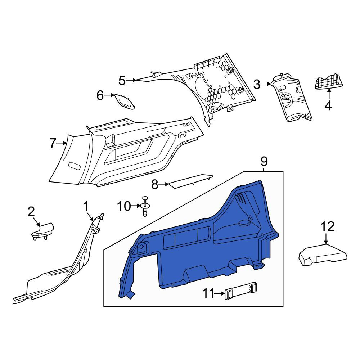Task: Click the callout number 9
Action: click(x=264, y=162)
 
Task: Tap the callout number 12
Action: click(x=327, y=226)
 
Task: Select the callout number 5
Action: click(x=122, y=81)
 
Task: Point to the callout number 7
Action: click(x=53, y=143)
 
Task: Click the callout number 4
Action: click(x=329, y=105)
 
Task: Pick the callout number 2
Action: click(x=31, y=212)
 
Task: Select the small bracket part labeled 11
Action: click(x=240, y=291)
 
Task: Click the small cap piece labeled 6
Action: click(x=125, y=101)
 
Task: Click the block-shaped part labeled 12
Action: click(x=323, y=255)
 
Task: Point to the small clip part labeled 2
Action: click(x=43, y=231)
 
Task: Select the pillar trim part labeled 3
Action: click(x=291, y=97)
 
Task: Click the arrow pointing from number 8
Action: click(x=164, y=184)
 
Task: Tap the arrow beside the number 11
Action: click(x=220, y=293)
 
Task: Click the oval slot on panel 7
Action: click(x=75, y=166)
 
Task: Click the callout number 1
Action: click(x=86, y=206)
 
